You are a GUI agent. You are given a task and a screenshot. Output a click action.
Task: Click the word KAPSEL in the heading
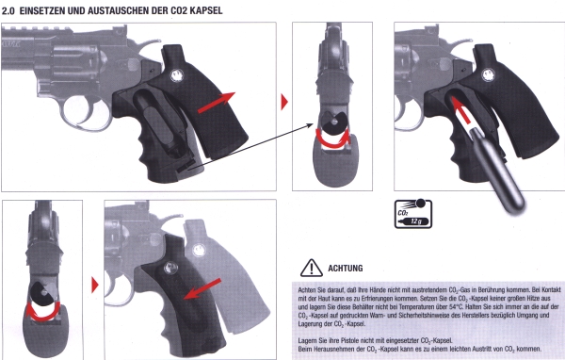207,10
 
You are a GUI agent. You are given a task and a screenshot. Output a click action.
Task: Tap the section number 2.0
8,10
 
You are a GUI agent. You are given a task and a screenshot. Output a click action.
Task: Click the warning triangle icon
312,268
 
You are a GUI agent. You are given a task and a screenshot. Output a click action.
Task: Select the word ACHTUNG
346,268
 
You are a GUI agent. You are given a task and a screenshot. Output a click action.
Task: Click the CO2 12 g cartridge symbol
413,214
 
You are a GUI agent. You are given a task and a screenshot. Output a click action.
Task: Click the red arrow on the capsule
460,110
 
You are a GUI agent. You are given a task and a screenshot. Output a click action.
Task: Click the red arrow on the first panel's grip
217,103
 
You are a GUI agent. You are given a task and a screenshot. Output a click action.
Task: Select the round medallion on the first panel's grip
177,75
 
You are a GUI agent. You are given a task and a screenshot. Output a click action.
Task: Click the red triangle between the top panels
284,102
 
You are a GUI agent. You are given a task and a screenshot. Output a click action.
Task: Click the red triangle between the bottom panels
95,285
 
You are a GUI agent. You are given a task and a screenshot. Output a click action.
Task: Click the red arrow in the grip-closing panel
202,289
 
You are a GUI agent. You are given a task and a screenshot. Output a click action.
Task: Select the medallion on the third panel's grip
488,75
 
